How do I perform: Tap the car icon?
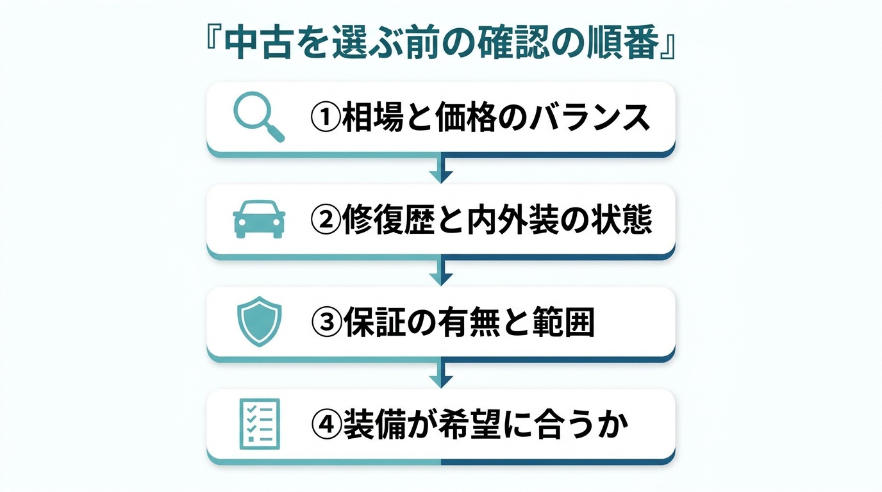click(x=259, y=219)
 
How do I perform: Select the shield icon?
click(x=259, y=322)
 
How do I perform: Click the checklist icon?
click(x=260, y=424)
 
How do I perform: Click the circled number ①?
click(x=326, y=117)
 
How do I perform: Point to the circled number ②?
click(x=326, y=220)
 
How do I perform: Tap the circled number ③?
click(x=326, y=322)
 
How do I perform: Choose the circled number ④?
click(x=326, y=425)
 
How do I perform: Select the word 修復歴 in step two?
click(x=388, y=220)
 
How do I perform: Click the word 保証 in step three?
click(x=374, y=322)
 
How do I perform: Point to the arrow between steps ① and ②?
click(x=441, y=168)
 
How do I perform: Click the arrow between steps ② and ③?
click(x=441, y=272)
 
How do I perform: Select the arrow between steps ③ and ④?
click(x=441, y=374)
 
